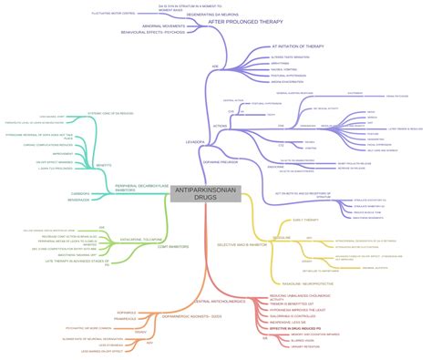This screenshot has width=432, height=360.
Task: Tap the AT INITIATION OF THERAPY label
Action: [x=297, y=46]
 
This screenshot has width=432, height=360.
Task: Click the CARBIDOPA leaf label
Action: [x=80, y=193]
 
